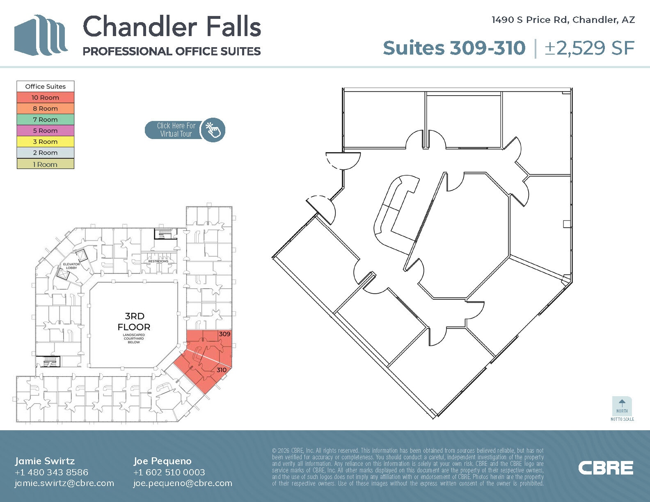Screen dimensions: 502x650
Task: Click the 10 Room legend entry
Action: [45, 98]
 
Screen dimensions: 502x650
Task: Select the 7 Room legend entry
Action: [45, 120]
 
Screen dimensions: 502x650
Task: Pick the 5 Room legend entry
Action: [45, 131]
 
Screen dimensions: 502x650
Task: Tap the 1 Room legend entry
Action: [45, 164]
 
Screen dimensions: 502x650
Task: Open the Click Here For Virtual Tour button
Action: [185, 130]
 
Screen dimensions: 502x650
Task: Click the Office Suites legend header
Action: [45, 87]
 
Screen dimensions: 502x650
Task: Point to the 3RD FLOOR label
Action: [134, 322]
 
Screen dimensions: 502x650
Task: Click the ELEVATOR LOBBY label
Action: [71, 266]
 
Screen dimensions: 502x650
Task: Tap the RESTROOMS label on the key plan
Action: [158, 261]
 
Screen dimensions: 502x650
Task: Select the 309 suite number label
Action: [224, 334]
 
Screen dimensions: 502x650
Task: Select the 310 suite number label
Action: [222, 370]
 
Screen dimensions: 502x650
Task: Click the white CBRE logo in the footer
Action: [606, 468]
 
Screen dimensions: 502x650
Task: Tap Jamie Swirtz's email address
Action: [64, 483]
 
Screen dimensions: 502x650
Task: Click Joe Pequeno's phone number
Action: [169, 472]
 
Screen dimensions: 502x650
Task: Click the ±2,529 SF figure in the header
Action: [589, 48]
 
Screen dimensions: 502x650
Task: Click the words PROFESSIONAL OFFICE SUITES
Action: [172, 51]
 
